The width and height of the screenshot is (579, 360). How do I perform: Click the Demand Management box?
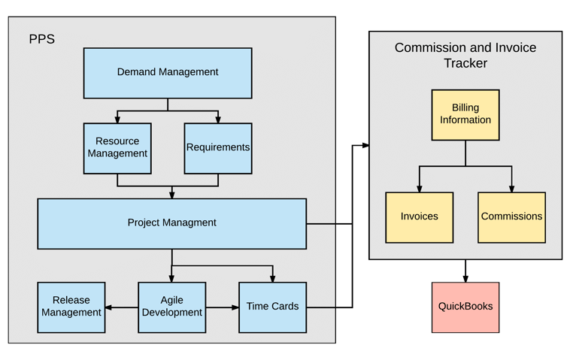[168, 73]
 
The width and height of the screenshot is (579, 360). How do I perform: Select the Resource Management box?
[117, 148]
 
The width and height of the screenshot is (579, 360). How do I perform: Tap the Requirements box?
[218, 148]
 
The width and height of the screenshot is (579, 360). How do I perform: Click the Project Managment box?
[171, 223]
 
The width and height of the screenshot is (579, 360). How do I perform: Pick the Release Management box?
[71, 307]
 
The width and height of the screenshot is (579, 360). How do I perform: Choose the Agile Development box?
[171, 307]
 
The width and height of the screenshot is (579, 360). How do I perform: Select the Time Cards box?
[272, 307]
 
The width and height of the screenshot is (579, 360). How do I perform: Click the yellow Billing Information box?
[465, 115]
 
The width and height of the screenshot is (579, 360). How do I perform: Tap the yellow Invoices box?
[419, 217]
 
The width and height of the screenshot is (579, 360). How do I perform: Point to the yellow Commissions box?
[511, 217]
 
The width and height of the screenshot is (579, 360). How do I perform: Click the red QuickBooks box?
[465, 307]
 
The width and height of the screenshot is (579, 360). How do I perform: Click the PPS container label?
[42, 39]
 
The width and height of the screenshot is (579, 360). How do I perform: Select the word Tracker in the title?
[465, 64]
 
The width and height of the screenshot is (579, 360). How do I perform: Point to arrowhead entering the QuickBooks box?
[465, 278]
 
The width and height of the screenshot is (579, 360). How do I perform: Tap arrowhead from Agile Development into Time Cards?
[235, 307]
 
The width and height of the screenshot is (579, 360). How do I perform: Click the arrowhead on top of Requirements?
[218, 119]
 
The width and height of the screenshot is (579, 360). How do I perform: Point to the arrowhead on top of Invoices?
[419, 188]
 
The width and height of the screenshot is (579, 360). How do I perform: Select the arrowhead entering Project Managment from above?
[171, 195]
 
